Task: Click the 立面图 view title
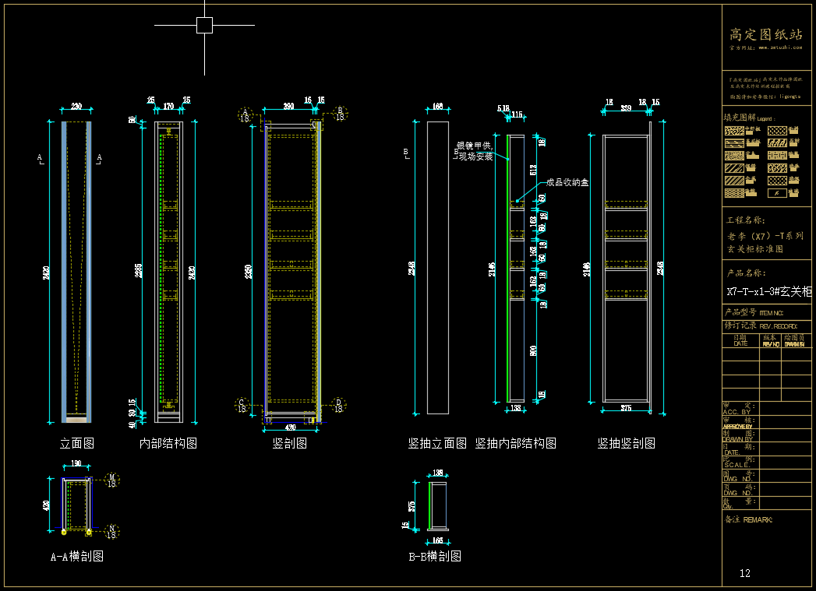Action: [x=77, y=443]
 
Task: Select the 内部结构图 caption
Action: [x=168, y=443]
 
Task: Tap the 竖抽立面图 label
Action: [x=437, y=443]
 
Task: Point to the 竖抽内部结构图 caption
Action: [x=516, y=443]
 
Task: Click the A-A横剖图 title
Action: [x=76, y=556]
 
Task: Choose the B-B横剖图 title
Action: [x=435, y=556]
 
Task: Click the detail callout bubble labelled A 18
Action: [x=246, y=114]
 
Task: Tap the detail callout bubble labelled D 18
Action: [x=338, y=404]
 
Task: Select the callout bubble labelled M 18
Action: [x=111, y=480]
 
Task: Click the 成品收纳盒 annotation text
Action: [x=567, y=182]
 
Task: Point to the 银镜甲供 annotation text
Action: [x=475, y=146]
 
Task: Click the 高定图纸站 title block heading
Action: [x=765, y=34]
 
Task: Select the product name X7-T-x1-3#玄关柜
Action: [x=768, y=292]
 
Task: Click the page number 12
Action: [x=745, y=573]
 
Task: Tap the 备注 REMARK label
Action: [x=748, y=519]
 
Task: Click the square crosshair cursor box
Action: [x=204, y=26]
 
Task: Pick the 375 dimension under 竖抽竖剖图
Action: [x=626, y=407]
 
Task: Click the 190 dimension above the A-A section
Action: [x=76, y=464]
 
